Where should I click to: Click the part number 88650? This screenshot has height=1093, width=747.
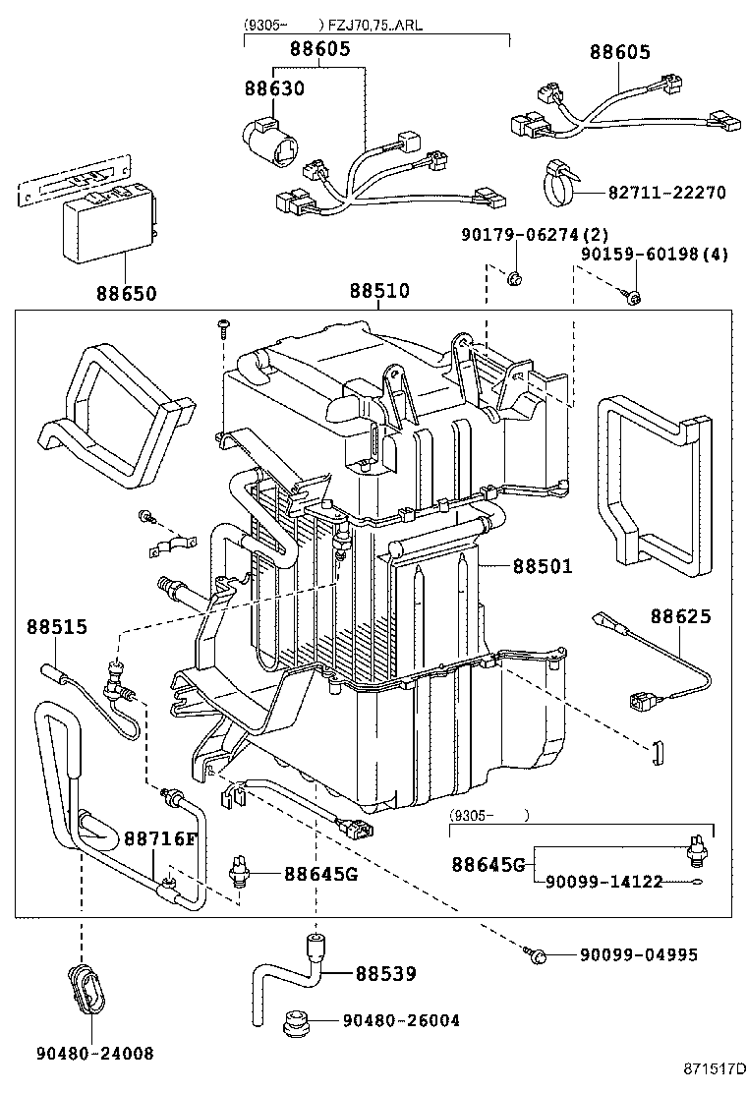coord(126,293)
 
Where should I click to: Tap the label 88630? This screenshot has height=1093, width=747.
coord(274,88)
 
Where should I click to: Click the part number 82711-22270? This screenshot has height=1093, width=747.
coord(666,193)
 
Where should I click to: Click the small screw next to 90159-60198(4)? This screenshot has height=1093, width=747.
coord(634,296)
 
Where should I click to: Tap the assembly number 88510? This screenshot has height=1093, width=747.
coord(379,292)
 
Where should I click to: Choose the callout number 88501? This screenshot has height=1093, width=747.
coord(542,566)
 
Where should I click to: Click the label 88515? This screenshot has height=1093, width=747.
coord(57,626)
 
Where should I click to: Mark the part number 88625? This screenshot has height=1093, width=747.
coord(680,616)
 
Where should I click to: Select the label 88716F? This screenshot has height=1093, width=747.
coord(160,837)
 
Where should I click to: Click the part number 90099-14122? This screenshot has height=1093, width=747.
coord(604,883)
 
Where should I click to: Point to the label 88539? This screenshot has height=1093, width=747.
coord(385,974)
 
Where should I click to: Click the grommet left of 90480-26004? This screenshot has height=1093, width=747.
coord(293,1022)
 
